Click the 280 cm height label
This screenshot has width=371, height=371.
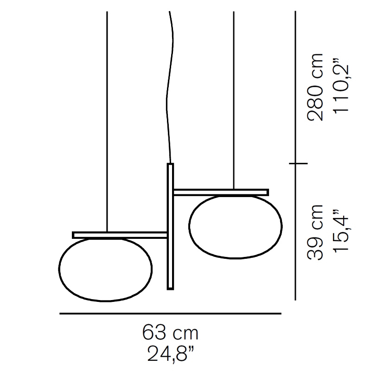(315, 87)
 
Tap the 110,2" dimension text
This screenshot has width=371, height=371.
(341, 85)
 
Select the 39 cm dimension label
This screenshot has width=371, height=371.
(315, 232)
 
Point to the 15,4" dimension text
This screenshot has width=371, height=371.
(341, 231)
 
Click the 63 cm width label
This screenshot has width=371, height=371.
(170, 333)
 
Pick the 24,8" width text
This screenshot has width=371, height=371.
(171, 353)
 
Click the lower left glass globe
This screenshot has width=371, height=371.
(105, 269)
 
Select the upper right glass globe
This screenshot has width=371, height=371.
(236, 226)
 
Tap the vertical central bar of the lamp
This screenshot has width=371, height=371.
(170, 226)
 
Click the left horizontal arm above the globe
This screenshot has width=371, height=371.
(120, 235)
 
